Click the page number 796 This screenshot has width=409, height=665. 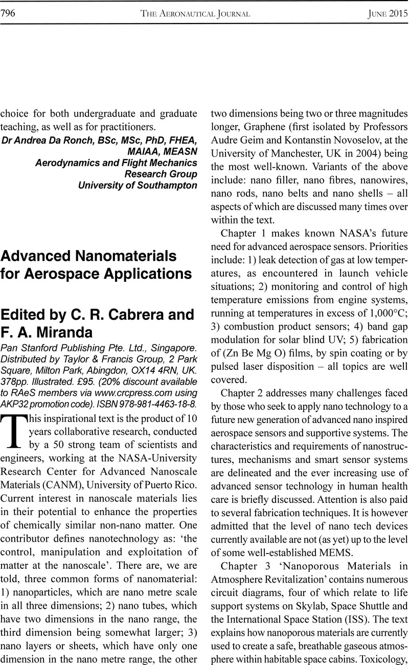tap(9, 14)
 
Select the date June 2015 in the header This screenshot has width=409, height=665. tap(387, 14)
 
